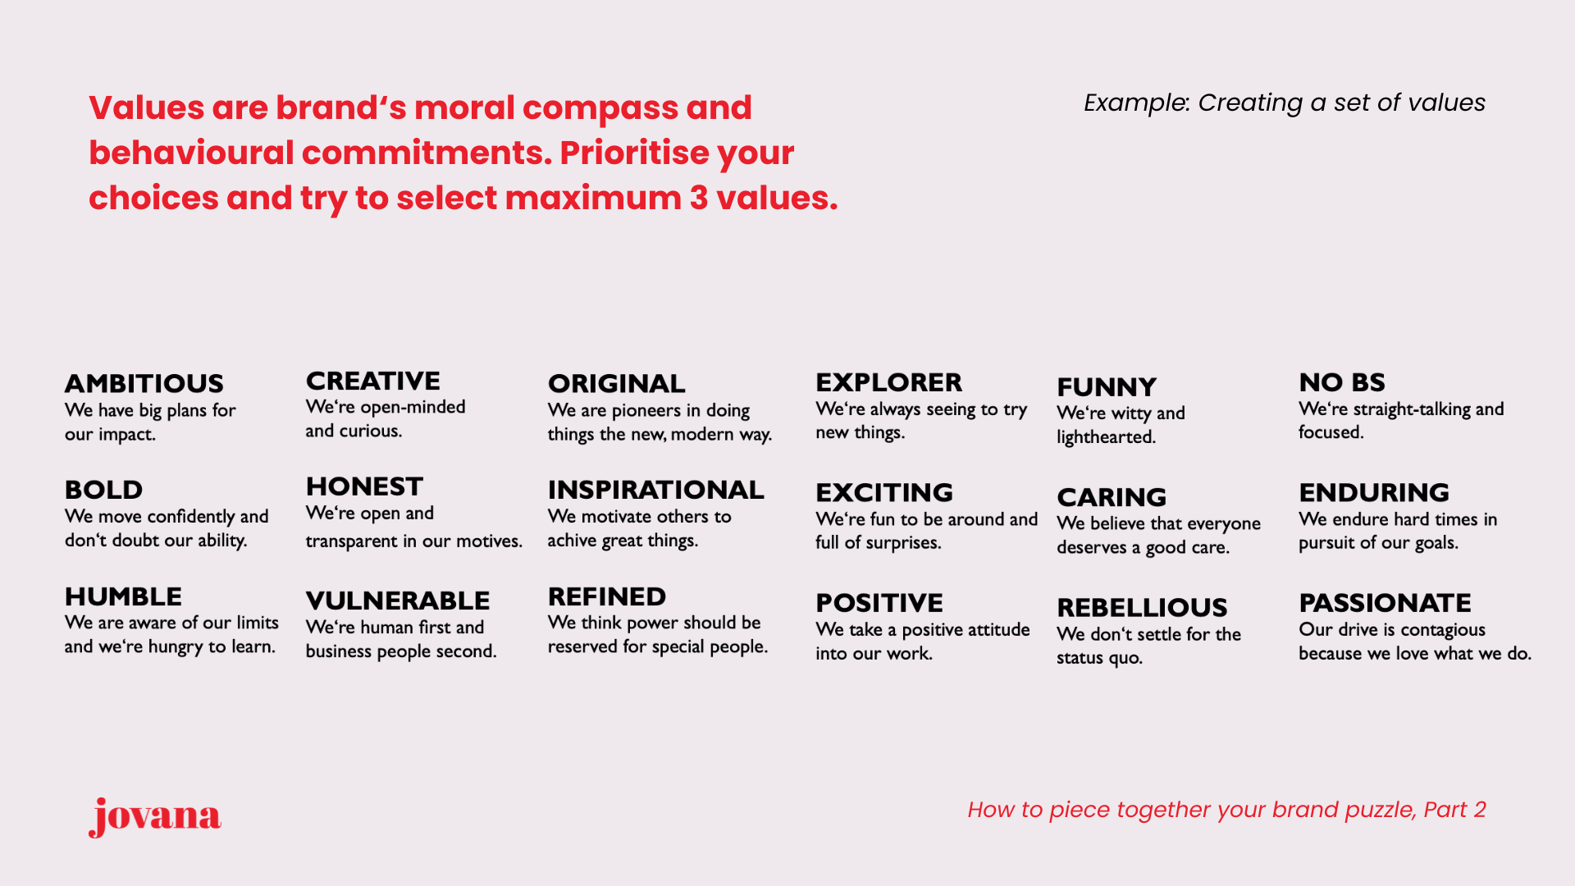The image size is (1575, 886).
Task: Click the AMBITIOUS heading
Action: point(144,383)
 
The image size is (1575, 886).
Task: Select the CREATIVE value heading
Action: point(373,381)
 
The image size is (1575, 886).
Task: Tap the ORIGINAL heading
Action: point(616,383)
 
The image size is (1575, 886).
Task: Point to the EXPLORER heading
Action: point(888,382)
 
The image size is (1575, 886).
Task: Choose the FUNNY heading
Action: point(1107,386)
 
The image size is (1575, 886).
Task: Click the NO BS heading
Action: point(1342,382)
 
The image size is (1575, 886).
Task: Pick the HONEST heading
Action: point(364,486)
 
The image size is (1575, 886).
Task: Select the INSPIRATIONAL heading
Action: point(655,490)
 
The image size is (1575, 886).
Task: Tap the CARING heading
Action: point(1112,497)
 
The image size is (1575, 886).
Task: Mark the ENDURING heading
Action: point(1374,492)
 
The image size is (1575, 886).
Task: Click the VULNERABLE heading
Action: point(398,601)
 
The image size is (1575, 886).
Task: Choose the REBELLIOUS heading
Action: point(1142,607)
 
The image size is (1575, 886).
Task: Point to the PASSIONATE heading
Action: point(1385,603)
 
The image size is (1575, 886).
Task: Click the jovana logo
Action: point(155,816)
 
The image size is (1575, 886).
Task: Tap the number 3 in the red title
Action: point(699,198)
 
